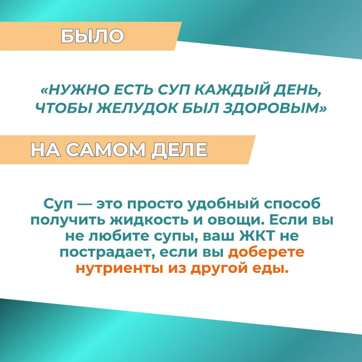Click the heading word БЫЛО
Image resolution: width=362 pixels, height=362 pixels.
pos(93,36)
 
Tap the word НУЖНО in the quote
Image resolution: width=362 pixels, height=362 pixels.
pos(79,89)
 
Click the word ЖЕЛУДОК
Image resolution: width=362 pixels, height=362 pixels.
pos(137,108)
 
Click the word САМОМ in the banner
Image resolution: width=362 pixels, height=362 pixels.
pos(106,149)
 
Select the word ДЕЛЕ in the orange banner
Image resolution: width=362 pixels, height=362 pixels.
pos(179,150)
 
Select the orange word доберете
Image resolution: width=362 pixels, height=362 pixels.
pos(266,252)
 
